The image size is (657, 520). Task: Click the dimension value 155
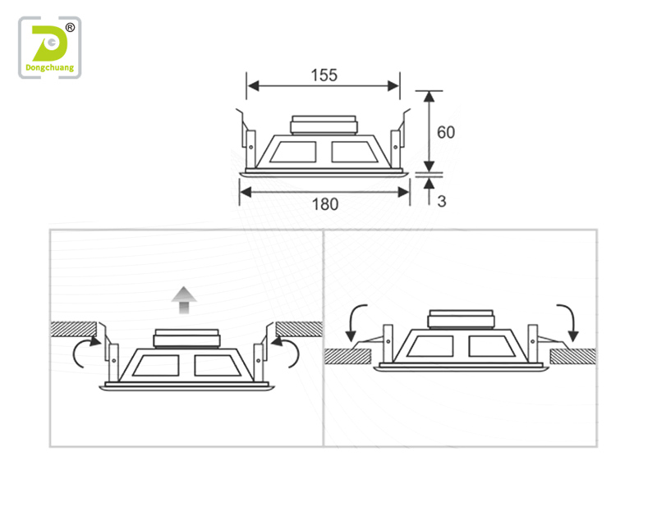point(324,75)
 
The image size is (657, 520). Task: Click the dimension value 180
point(325,204)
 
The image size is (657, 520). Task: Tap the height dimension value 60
point(446,133)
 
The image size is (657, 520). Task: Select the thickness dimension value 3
point(442,202)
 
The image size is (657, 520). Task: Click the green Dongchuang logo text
point(49,68)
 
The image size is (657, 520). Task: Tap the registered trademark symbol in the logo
point(70,28)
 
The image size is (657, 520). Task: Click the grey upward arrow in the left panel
point(184,300)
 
